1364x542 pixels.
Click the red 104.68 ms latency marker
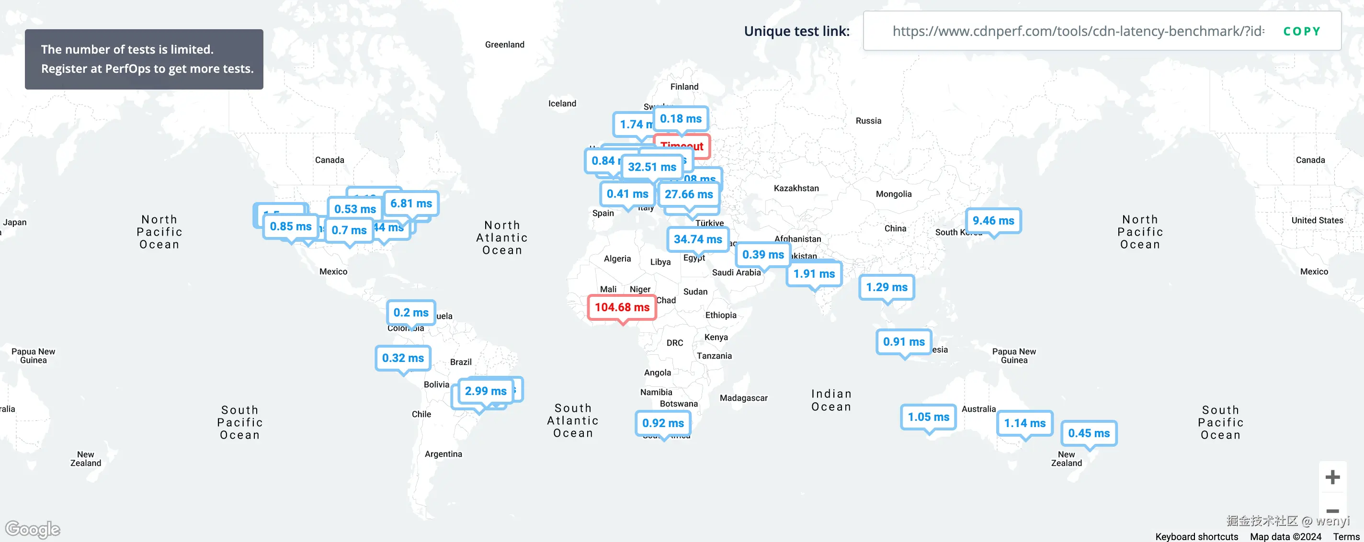point(622,307)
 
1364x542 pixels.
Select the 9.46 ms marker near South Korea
point(993,221)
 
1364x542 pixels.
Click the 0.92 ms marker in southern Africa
point(663,423)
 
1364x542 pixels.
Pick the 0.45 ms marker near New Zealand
point(1089,433)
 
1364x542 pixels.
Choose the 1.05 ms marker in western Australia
point(928,417)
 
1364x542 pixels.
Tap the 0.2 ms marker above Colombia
point(411,313)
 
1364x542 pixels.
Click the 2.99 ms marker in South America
point(486,391)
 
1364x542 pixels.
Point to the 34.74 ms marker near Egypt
point(697,239)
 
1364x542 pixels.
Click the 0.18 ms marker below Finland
point(681,119)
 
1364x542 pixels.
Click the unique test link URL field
point(1078,31)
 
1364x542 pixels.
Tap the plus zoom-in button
point(1332,477)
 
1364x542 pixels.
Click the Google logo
point(33,529)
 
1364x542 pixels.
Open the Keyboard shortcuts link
point(1196,537)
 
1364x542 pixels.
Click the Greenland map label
point(505,45)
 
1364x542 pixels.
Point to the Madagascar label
point(743,398)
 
